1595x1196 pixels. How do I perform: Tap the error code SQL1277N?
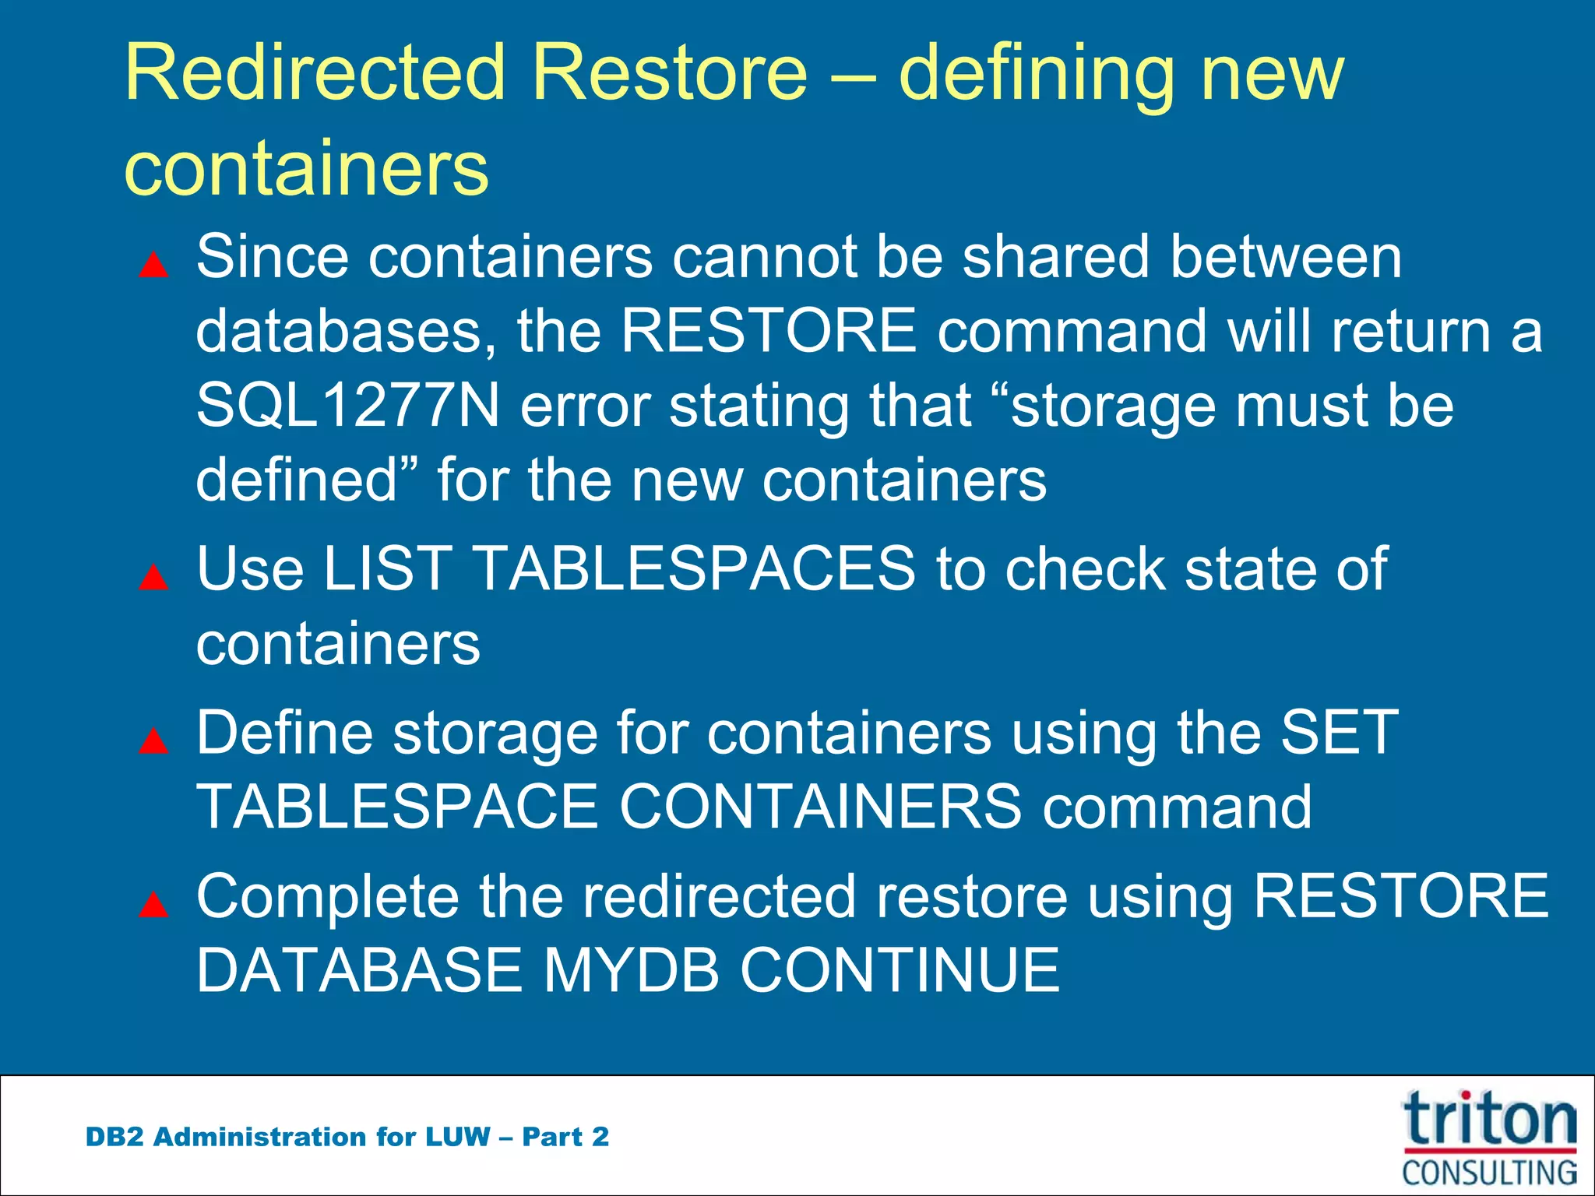(x=347, y=406)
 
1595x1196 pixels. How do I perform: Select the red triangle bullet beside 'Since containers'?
(x=153, y=265)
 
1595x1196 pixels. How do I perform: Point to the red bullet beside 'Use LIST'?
(x=153, y=577)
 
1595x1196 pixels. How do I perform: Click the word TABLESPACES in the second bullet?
(x=695, y=568)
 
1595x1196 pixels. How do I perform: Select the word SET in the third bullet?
(x=1340, y=732)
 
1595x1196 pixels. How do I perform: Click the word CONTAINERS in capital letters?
(x=820, y=806)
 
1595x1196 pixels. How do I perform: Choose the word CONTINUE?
(x=900, y=970)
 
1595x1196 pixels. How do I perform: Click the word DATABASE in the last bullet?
(x=359, y=970)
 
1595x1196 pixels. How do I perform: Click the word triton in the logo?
(x=1489, y=1120)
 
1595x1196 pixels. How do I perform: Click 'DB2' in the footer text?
(x=114, y=1137)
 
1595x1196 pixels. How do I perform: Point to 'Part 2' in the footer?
(x=565, y=1137)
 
